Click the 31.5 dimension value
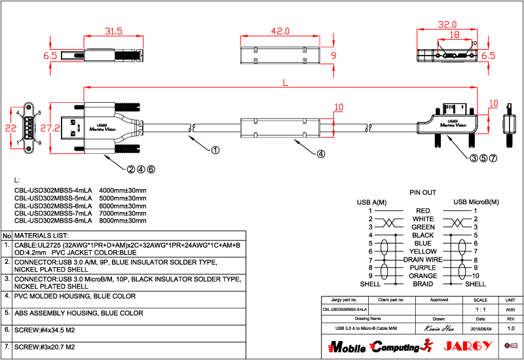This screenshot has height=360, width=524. [115, 31]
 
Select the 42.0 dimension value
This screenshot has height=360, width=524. [280, 31]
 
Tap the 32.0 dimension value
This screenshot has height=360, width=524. [447, 25]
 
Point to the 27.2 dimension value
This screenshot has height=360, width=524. [46, 128]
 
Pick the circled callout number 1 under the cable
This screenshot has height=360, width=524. [215, 149]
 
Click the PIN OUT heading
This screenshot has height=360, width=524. [422, 193]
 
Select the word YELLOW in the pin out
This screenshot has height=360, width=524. [422, 251]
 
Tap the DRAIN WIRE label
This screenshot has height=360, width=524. [422, 260]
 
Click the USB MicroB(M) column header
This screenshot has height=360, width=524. [476, 202]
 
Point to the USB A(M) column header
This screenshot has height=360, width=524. [371, 202]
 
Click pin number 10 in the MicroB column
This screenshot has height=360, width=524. [476, 276]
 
